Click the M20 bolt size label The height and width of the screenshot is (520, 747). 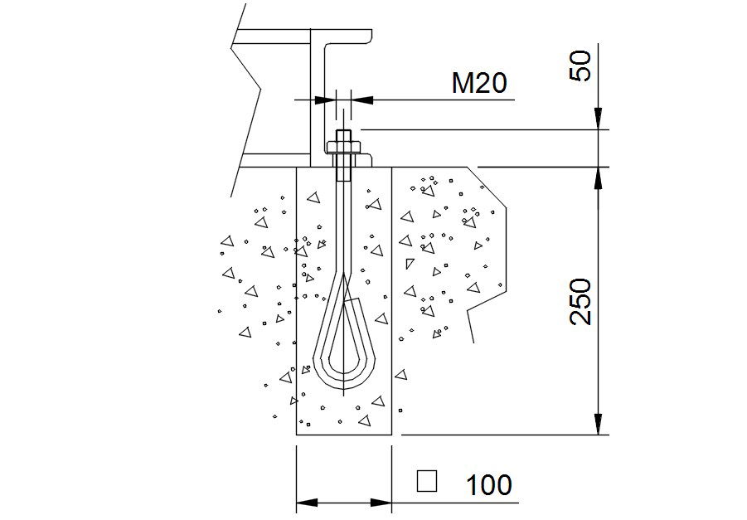(x=478, y=83)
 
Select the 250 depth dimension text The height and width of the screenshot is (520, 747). (x=582, y=301)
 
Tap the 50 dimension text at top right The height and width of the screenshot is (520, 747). (x=583, y=66)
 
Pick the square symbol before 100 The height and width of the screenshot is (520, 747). (x=427, y=481)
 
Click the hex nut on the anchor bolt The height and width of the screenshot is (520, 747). (x=343, y=148)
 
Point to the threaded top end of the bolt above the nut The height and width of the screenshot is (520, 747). (x=343, y=136)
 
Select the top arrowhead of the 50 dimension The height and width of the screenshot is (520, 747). (x=599, y=119)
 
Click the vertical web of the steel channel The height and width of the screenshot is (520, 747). (x=316, y=100)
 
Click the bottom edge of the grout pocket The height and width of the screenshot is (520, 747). (x=344, y=435)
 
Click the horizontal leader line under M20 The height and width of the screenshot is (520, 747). (x=439, y=100)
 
